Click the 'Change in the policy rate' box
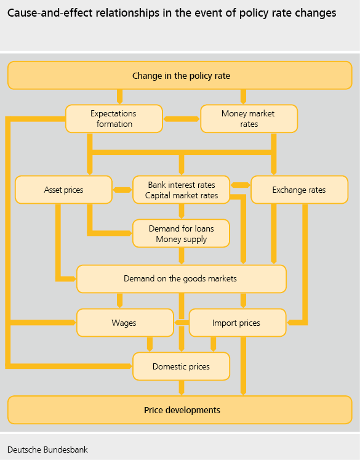[x=180, y=75]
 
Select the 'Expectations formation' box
[x=114, y=118]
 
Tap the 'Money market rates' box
[x=249, y=118]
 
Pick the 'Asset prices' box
[x=63, y=190]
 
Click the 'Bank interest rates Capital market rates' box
[x=181, y=190]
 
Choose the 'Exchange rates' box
[x=299, y=190]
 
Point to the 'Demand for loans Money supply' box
[x=181, y=233]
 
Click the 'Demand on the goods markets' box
[x=182, y=279]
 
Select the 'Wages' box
[x=125, y=323]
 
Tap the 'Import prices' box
[x=238, y=323]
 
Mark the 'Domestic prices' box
[x=181, y=366]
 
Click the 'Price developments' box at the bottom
[x=180, y=410]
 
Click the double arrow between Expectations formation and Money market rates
[x=182, y=119]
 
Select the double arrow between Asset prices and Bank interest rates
[x=122, y=190]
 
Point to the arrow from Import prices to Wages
[x=182, y=323]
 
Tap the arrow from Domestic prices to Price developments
[x=182, y=388]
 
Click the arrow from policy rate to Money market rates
[x=243, y=97]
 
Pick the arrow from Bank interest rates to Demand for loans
[x=182, y=211]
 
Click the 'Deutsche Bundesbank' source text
[x=47, y=450]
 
